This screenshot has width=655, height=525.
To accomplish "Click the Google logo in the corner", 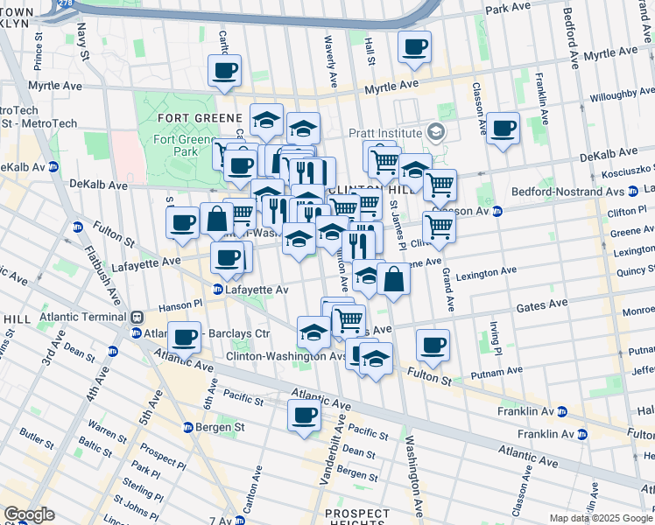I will coord(29,514).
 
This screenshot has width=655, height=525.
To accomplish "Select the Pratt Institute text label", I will coord(385,133).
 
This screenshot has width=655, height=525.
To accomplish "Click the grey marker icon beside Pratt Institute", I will coord(436,133).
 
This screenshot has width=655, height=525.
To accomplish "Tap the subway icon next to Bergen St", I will coord(187,427).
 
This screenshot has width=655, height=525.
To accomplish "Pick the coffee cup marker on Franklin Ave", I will coord(504,129).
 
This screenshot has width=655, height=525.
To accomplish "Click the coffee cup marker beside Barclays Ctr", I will coord(184,337).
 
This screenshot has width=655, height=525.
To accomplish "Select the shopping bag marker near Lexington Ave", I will coord(394,279).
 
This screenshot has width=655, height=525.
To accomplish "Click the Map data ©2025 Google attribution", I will coord(601,518).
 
